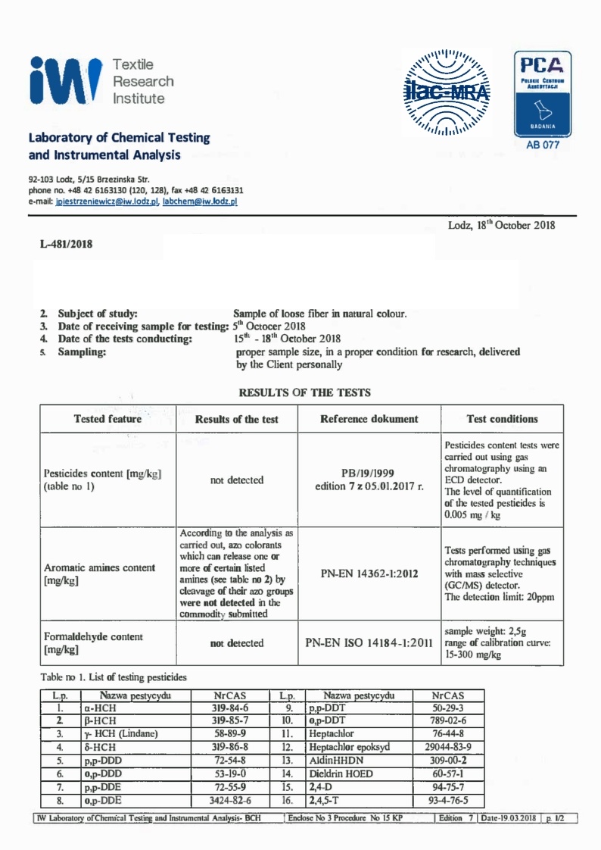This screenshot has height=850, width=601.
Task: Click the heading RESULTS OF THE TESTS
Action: click(x=304, y=392)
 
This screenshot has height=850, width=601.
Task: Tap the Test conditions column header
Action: click(x=502, y=419)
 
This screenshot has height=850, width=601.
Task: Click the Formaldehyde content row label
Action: click(x=94, y=643)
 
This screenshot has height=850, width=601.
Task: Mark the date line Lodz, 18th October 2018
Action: click(x=502, y=226)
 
